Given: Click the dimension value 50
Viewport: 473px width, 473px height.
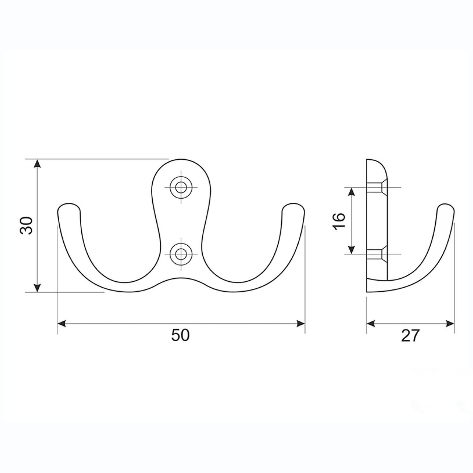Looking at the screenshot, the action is [x=180, y=335].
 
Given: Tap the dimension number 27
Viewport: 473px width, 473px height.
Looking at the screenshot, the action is [x=411, y=336].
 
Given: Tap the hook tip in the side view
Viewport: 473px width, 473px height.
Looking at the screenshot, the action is [x=446, y=208].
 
